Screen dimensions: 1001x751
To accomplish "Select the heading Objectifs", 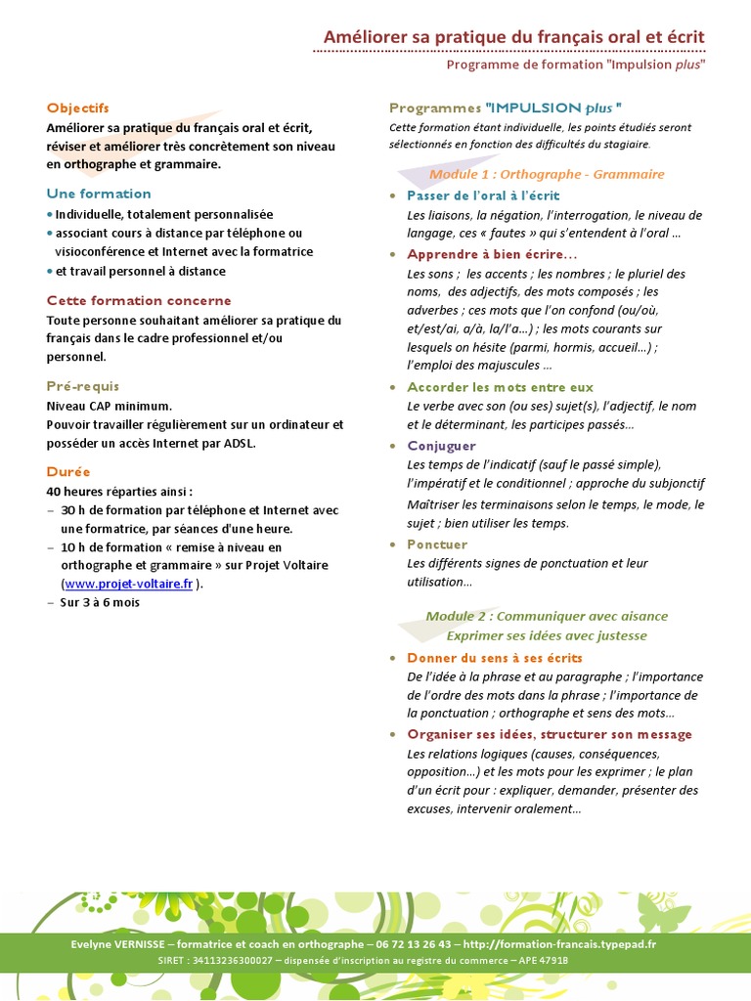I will click(x=77, y=109).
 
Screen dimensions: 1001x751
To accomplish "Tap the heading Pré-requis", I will click(x=82, y=386).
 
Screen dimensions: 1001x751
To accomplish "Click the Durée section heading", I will click(x=67, y=471).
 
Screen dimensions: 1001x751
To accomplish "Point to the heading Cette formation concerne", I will click(x=139, y=301).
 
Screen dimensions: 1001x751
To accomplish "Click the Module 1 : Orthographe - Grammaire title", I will click(x=547, y=174).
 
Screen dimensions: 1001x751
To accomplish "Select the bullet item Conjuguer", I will click(x=441, y=446).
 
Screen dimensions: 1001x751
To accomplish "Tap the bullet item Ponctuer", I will click(x=437, y=544).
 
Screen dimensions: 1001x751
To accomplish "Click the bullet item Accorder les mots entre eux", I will click(x=500, y=387).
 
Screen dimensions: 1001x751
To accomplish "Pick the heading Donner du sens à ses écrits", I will click(x=494, y=658).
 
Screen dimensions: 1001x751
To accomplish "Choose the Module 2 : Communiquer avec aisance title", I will click(x=547, y=617).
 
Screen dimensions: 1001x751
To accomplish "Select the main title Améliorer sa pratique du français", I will click(x=513, y=37).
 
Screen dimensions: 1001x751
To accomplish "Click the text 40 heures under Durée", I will click(x=74, y=491).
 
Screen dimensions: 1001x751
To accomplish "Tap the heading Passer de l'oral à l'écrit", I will click(x=483, y=196).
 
